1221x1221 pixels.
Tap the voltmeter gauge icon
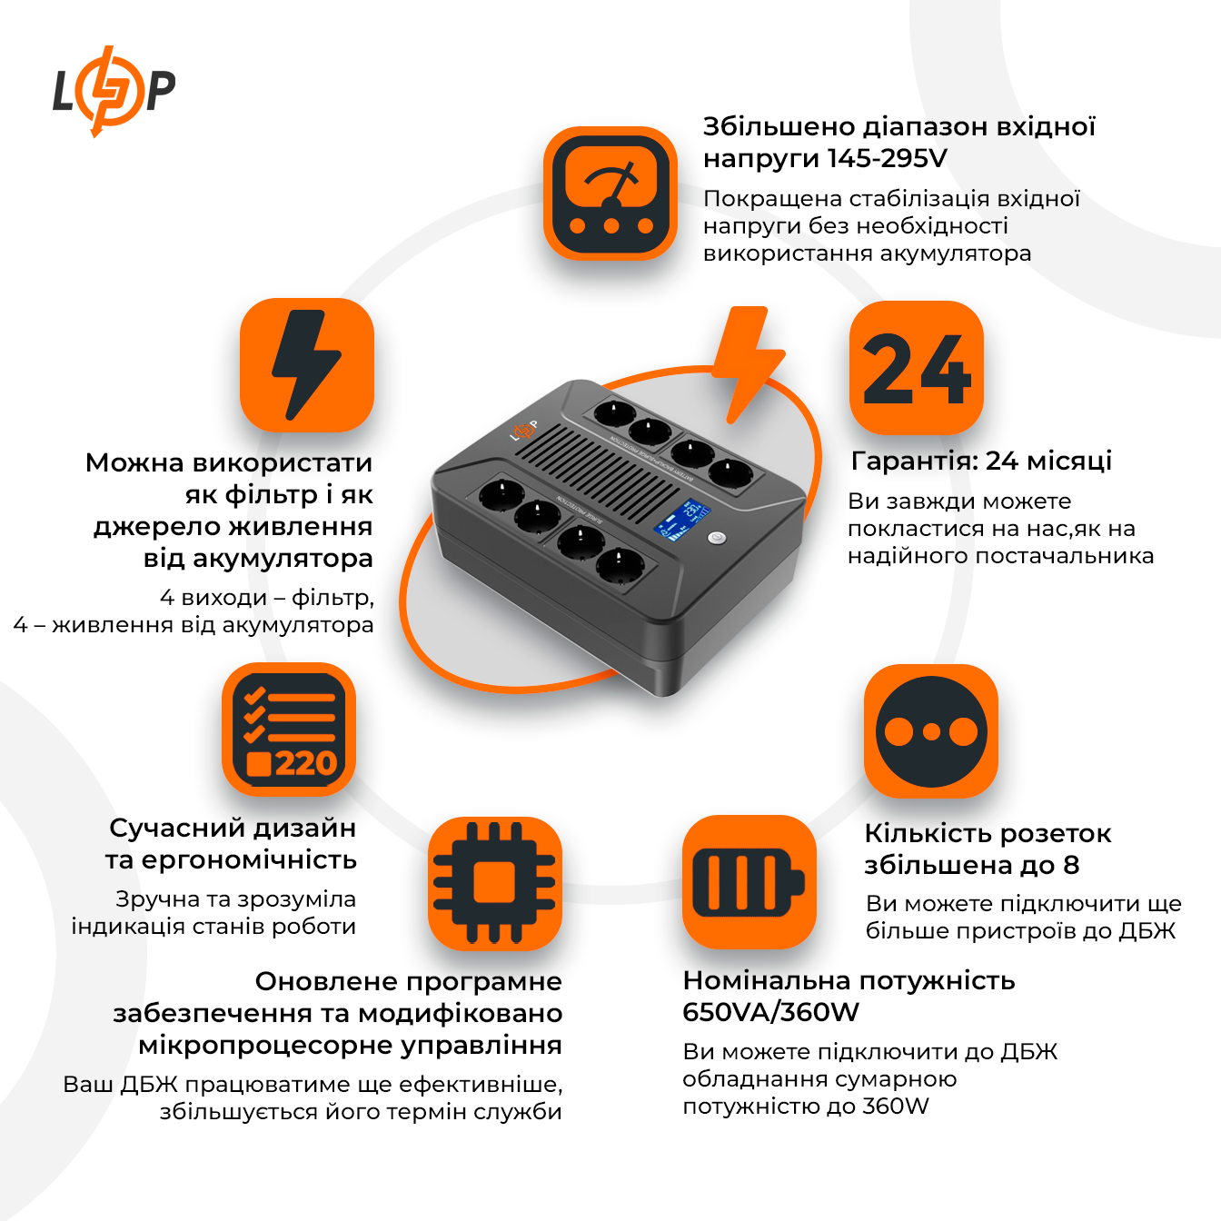coord(610,194)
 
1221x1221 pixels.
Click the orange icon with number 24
coord(917,368)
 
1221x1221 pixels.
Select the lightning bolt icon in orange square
coord(307,365)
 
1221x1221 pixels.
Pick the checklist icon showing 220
coord(289,730)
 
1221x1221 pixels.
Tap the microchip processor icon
coord(495,883)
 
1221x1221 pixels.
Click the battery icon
coord(749,883)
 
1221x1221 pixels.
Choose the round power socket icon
coord(931,731)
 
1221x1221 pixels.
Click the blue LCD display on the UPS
coord(680,520)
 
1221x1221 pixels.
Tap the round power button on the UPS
coord(717,538)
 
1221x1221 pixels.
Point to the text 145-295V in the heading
coord(887,158)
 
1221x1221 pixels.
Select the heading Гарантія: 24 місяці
coord(981,461)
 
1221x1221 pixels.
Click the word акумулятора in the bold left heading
coord(284,558)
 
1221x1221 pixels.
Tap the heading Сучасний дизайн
coord(233,828)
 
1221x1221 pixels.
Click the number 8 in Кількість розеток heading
coord(1071,865)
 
